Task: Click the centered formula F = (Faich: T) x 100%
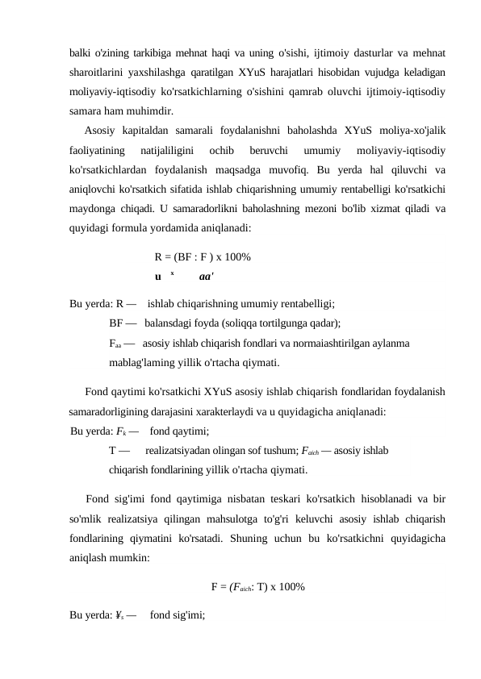(x=257, y=586)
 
